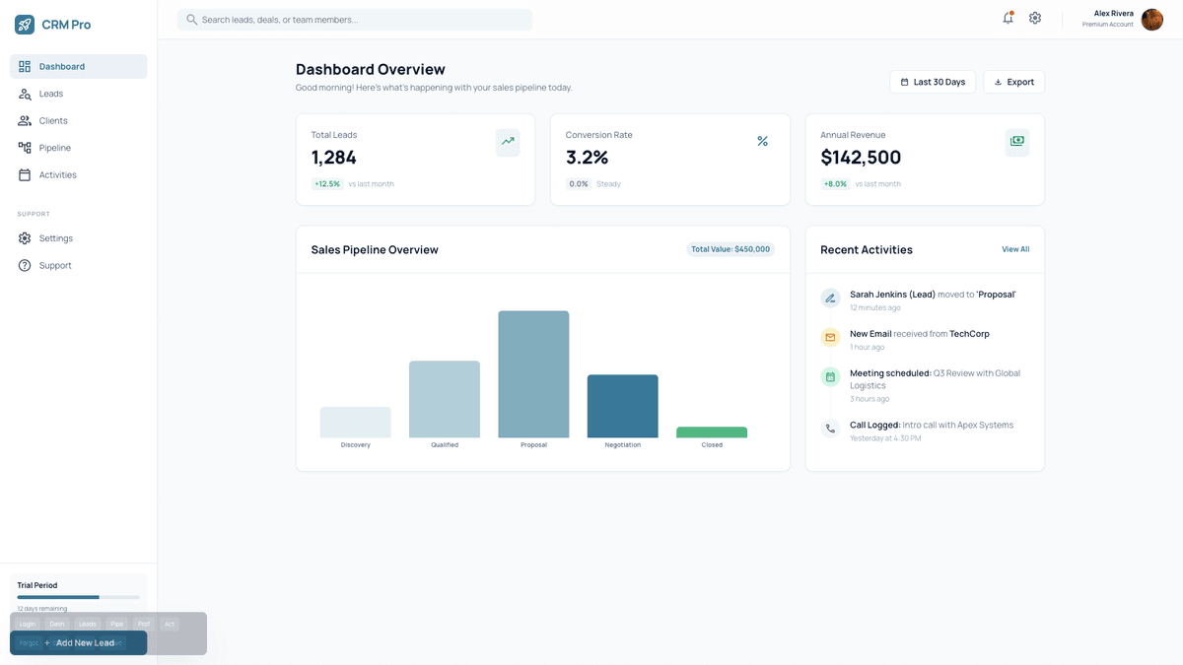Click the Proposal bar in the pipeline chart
[533, 374]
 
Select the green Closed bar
[712, 432]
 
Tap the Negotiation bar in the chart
[622, 406]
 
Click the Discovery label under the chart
[355, 445]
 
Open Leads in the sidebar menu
[51, 94]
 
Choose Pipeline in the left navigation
[55, 148]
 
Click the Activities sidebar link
[57, 174]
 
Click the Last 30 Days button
[932, 82]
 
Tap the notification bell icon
[1008, 19]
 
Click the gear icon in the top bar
[1035, 19]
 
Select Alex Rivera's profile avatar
[1151, 20]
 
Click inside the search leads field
[355, 20]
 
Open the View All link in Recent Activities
[1015, 249]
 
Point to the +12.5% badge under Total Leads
[327, 184]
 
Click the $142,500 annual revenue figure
[861, 158]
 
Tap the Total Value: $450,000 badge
[731, 249]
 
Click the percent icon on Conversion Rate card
[762, 142]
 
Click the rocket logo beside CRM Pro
[25, 25]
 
